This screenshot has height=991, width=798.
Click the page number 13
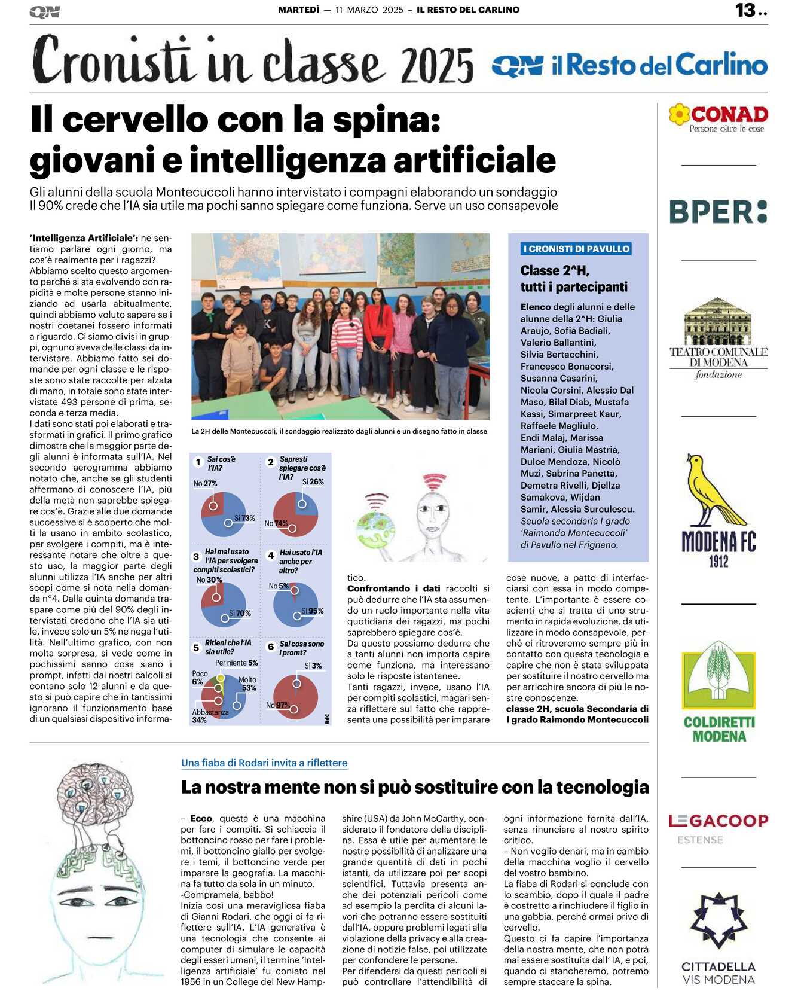746,10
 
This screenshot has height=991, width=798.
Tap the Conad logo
718,117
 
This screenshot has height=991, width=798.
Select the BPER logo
718,212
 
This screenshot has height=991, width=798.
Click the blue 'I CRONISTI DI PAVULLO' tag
576,249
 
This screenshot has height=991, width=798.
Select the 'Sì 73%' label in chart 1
244,518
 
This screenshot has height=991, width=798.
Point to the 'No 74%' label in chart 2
276,523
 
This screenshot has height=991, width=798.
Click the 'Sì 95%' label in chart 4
312,611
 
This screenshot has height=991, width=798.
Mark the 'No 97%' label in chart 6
277,705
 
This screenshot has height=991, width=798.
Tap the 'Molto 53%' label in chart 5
247,684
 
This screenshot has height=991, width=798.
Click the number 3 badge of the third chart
196,556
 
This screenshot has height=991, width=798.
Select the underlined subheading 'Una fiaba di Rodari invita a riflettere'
264,763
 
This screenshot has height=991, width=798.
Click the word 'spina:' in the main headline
386,120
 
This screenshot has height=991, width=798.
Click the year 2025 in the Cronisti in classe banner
438,65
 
